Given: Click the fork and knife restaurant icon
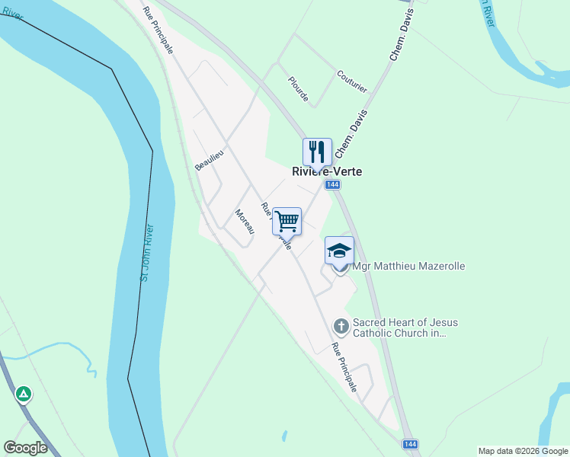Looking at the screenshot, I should (318, 152).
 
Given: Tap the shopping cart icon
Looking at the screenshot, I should (287, 221).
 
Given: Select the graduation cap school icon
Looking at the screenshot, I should (339, 250).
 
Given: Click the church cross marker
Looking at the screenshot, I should (341, 327).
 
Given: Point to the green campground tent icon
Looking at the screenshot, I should (24, 394).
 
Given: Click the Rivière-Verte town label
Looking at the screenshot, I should (327, 171).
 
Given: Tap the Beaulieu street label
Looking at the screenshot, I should (210, 160).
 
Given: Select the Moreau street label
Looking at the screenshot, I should (245, 222).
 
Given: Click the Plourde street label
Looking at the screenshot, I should (298, 90).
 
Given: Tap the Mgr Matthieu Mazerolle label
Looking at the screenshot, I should (408, 266).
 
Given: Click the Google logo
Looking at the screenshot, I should (25, 448).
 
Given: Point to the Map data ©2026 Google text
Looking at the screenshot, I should (523, 451).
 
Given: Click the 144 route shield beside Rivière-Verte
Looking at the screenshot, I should (331, 185).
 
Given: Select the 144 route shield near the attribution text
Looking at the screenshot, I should (410, 443).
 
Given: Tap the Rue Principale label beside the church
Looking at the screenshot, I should (344, 366).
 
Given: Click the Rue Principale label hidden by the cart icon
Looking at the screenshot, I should (275, 225).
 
